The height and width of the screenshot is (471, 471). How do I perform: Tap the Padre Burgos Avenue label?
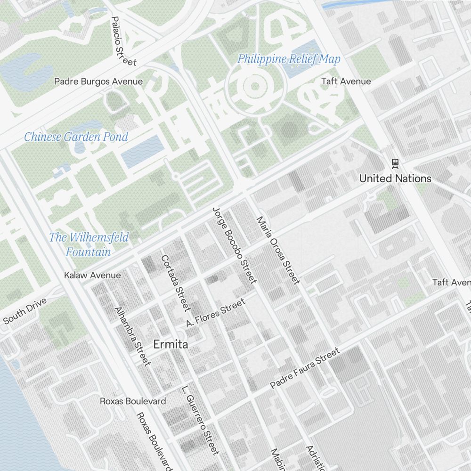point(98,81)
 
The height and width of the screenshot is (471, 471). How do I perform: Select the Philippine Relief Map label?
point(288,59)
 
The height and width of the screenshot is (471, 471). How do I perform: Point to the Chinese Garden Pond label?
point(76,137)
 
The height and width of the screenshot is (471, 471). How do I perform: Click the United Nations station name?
point(395,179)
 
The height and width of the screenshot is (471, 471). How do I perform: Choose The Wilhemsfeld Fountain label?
point(89,244)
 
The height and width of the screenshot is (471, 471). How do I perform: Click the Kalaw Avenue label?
point(92,275)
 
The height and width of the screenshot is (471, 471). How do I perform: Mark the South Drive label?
point(25,311)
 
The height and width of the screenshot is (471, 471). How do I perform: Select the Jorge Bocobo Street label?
point(234,245)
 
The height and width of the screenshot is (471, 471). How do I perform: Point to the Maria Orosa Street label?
point(277,251)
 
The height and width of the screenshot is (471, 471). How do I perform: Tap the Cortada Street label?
point(175,283)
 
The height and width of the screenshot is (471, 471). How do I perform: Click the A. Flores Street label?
point(216,312)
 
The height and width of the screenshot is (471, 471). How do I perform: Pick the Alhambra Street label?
point(132,336)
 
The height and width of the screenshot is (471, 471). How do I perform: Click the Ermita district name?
point(171,344)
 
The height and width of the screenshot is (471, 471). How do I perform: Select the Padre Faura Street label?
point(305,368)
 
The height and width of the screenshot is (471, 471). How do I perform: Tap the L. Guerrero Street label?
point(200,421)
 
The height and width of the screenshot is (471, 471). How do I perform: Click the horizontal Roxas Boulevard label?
point(133,401)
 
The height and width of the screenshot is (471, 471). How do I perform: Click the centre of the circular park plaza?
point(255,86)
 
